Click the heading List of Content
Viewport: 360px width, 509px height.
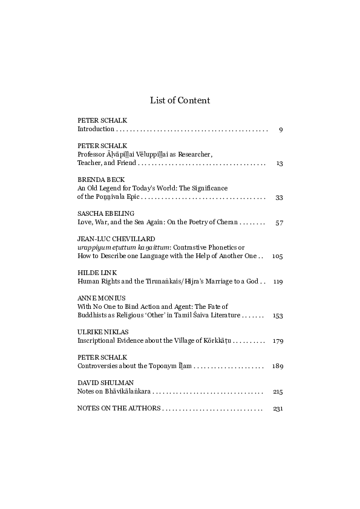[180, 100]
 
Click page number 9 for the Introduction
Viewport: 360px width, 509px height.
[281, 130]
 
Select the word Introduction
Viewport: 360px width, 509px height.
[96, 129]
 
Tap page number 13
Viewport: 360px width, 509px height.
[280, 164]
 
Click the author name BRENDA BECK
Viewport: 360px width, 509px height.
[99, 180]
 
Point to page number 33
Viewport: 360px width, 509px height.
[280, 198]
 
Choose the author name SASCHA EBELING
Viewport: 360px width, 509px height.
[106, 214]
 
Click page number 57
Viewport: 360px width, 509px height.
[280, 223]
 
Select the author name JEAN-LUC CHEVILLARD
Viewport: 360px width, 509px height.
[116, 239]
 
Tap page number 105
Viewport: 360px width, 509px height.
[278, 256]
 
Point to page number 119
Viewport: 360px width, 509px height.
[278, 282]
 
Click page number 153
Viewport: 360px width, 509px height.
[278, 316]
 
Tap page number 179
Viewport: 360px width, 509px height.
[278, 342]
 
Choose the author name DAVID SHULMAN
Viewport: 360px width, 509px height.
[102, 383]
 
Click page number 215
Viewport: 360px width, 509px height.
[278, 392]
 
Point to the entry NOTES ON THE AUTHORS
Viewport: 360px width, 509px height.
[119, 409]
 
